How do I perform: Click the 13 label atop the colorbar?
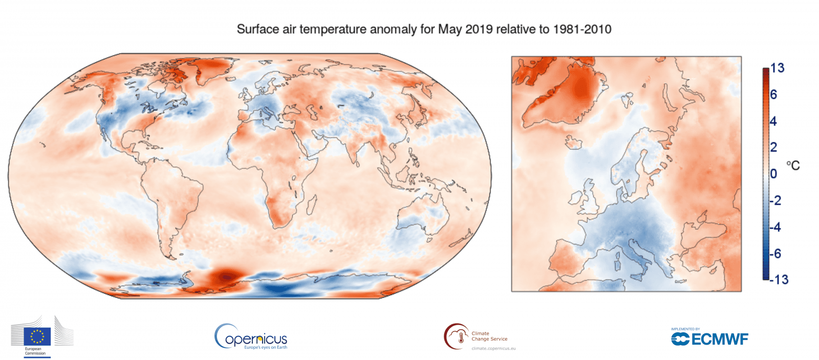click(x=777, y=68)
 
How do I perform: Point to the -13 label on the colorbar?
click(x=779, y=280)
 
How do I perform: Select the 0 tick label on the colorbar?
click(x=773, y=174)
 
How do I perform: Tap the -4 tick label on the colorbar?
click(x=775, y=227)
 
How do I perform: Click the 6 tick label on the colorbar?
click(x=773, y=95)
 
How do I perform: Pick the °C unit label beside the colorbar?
click(x=792, y=166)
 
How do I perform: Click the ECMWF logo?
click(x=709, y=338)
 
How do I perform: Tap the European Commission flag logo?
click(x=37, y=336)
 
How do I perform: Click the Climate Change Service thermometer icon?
click(x=456, y=336)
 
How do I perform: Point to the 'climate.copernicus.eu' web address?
click(x=493, y=349)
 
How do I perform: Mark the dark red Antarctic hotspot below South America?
click(x=225, y=277)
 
